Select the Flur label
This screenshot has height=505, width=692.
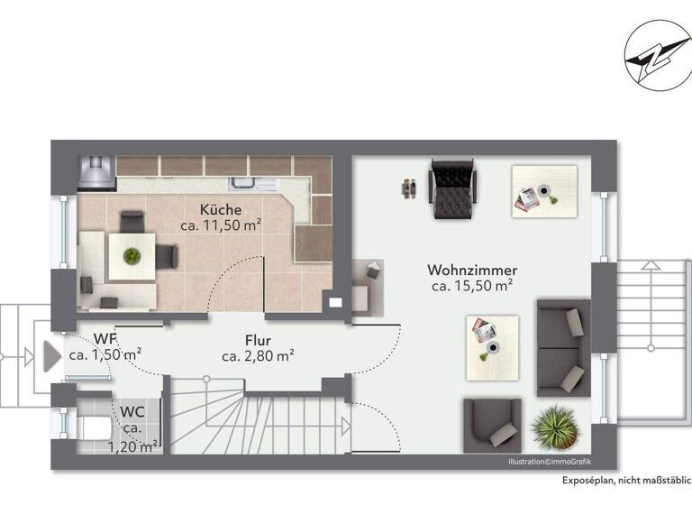258,341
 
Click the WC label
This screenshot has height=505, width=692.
132,412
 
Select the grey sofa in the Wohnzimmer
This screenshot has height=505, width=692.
562,347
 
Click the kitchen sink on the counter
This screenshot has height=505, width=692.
247,184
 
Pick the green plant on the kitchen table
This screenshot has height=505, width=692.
132,255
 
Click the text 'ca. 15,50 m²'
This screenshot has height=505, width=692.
471,286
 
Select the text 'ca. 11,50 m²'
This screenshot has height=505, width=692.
222,225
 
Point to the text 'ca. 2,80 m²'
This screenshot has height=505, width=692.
258,356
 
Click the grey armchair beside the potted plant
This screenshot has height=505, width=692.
492,423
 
